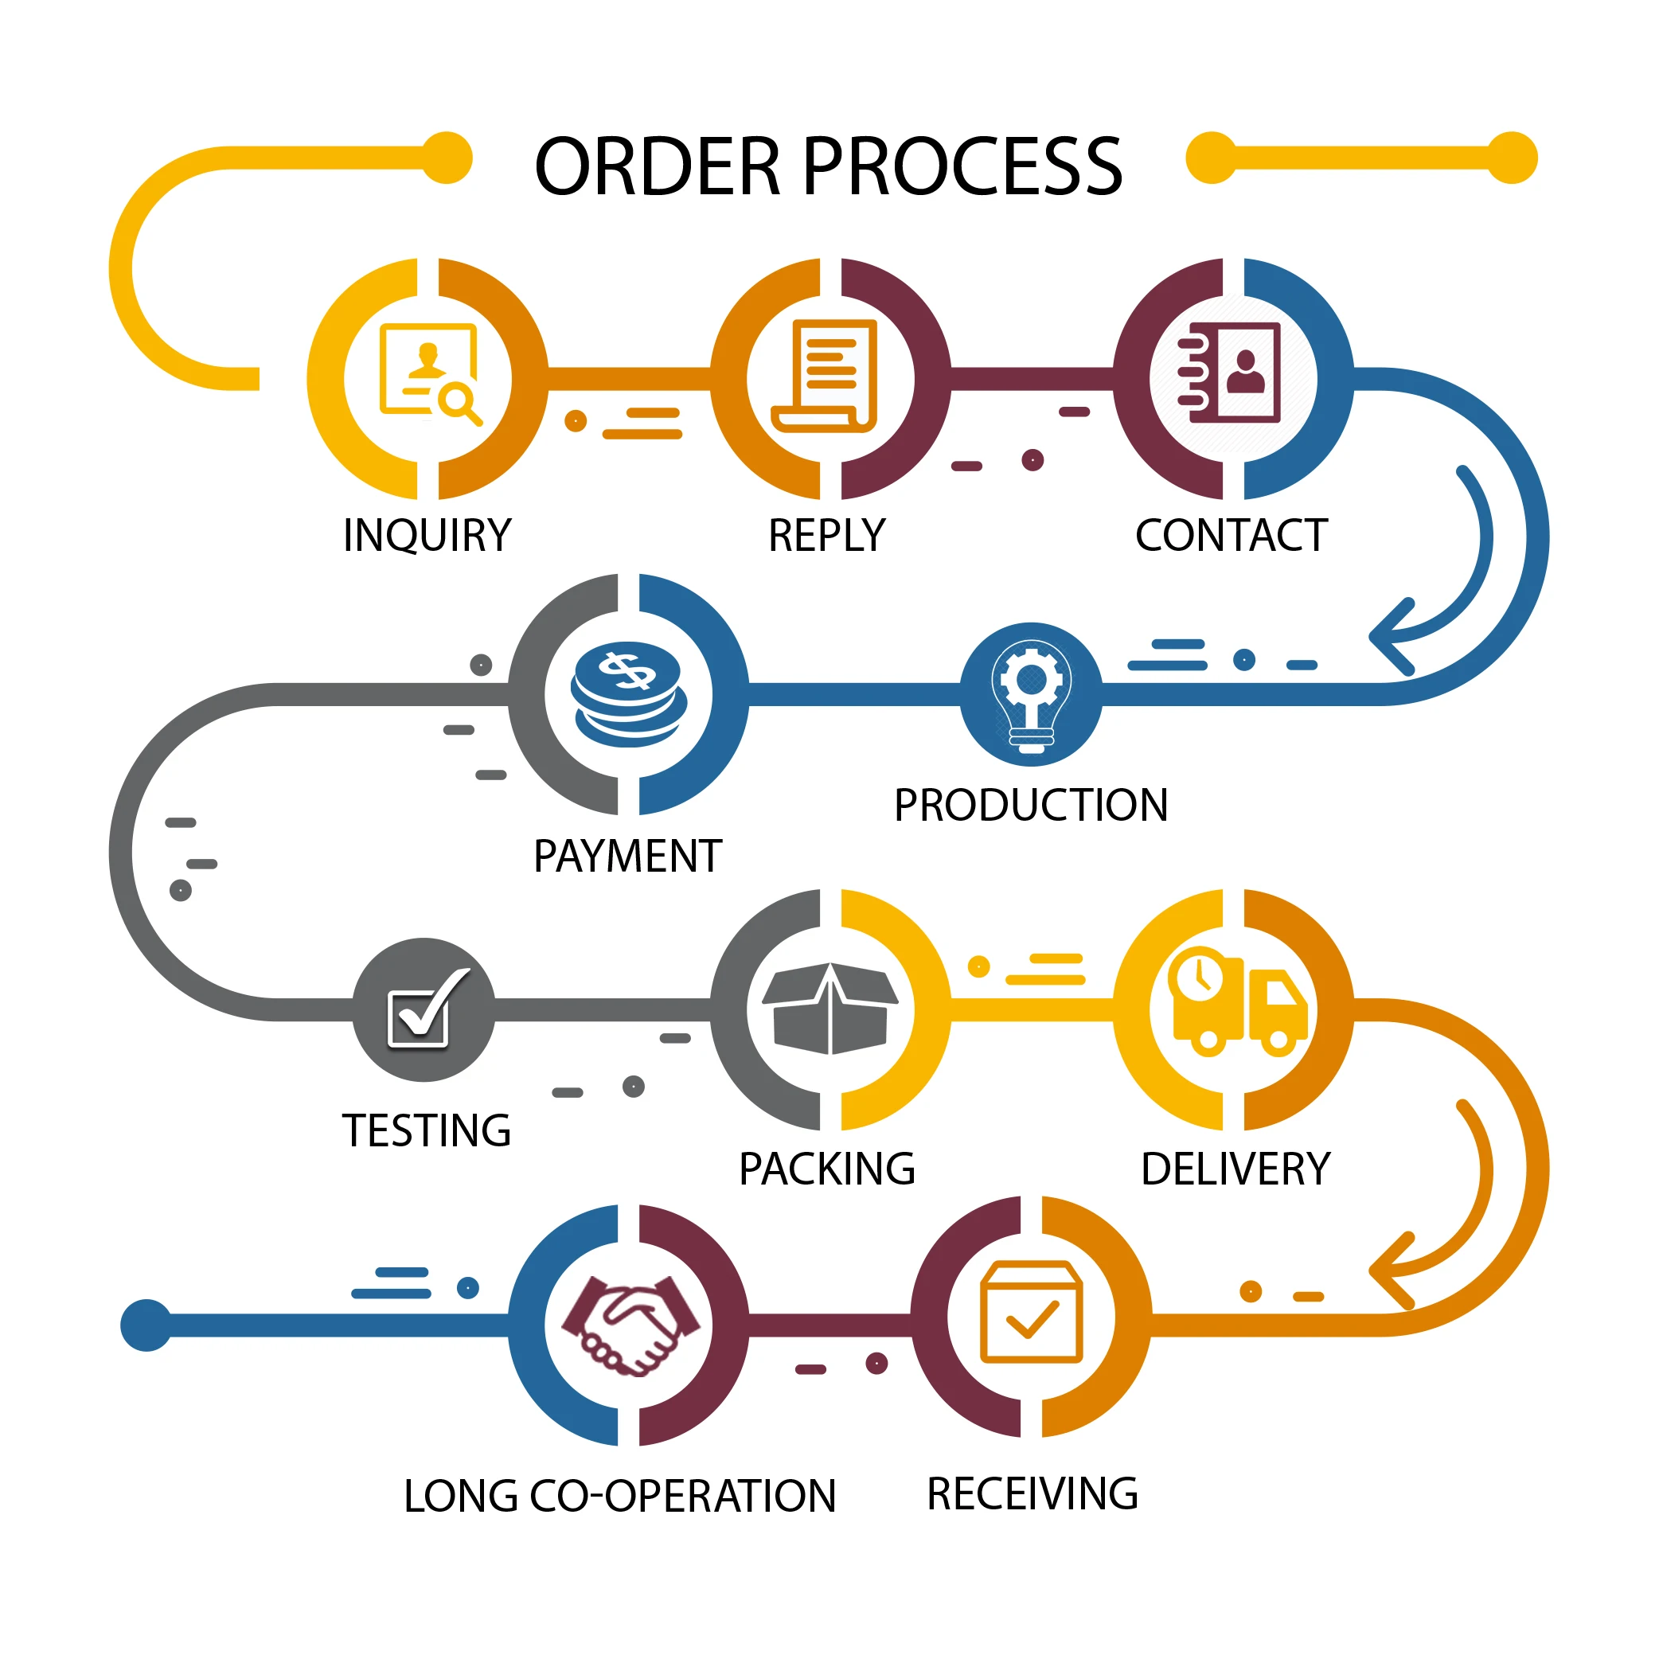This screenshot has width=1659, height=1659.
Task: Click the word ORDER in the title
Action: coord(657,166)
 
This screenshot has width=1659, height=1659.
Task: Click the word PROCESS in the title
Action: coord(962,166)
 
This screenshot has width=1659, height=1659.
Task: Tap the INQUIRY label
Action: coord(427,535)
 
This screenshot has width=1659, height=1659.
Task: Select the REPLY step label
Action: coord(826,535)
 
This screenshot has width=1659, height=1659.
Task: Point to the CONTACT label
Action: coord(1231,535)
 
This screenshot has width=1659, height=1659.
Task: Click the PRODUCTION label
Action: coord(1030,805)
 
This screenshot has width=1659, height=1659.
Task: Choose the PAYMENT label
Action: coord(628,856)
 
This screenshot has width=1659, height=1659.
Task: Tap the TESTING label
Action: coord(427,1130)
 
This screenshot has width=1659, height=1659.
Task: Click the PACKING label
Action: coord(827,1169)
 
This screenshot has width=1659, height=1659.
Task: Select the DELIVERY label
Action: coord(1235,1169)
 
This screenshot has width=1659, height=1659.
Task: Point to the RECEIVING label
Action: coord(1032,1493)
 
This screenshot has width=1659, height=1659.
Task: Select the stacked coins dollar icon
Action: coord(629,694)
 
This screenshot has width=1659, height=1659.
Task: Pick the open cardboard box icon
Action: coord(829,1008)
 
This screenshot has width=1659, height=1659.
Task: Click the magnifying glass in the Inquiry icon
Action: coord(459,402)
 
